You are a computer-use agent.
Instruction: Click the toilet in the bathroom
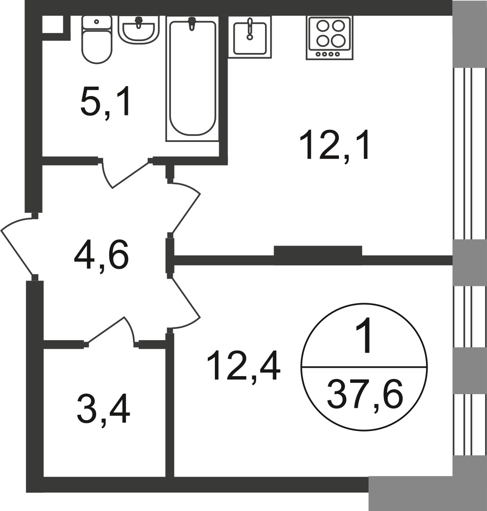pyautogui.click(x=97, y=40)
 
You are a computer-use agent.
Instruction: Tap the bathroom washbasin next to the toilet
pyautogui.click(x=139, y=29)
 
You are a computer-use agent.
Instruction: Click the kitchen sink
pyautogui.click(x=250, y=37)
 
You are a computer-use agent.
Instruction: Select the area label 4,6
pyautogui.click(x=101, y=257)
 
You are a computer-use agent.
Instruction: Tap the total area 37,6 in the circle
pyautogui.click(x=365, y=395)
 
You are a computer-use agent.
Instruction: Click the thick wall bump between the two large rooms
pyautogui.click(x=318, y=251)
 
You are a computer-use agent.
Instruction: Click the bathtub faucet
pyautogui.click(x=192, y=23)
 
